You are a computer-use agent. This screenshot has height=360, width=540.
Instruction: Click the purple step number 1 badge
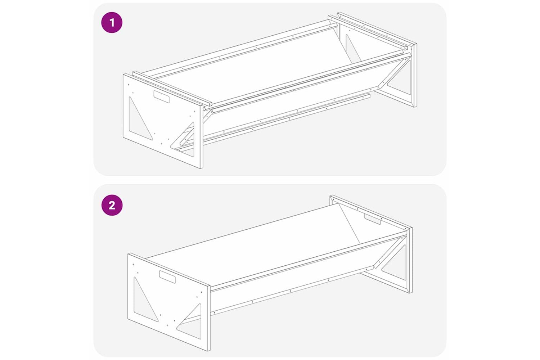tap(112, 23)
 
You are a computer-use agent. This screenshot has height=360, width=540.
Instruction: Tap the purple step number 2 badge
tap(112, 205)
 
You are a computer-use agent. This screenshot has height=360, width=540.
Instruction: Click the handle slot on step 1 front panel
tap(162, 97)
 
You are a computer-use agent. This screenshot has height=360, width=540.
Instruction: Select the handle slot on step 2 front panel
tap(167, 277)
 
